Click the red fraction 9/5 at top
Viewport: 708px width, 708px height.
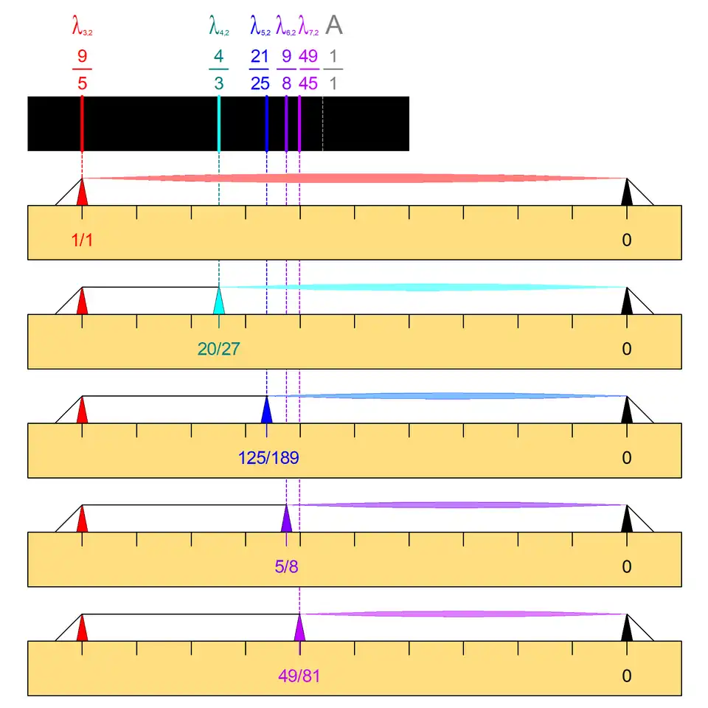[82, 70]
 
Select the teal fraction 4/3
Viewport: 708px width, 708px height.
[219, 70]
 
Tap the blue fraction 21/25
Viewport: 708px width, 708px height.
[260, 70]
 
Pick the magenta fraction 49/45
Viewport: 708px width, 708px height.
[308, 70]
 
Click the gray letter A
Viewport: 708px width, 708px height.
[334, 27]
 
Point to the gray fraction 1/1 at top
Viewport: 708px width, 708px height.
[333, 70]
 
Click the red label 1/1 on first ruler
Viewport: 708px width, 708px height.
[82, 240]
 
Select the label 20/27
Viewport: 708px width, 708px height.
[218, 349]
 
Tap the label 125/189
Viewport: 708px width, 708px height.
[268, 458]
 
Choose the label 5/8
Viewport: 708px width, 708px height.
[286, 567]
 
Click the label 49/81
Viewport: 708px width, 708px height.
[299, 676]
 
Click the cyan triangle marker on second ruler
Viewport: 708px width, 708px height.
[219, 302]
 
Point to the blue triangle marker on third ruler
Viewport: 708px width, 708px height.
[267, 412]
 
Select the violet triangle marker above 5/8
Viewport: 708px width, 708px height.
[286, 520]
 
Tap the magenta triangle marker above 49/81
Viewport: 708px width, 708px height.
[299, 629]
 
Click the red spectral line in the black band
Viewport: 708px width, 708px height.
[82, 123]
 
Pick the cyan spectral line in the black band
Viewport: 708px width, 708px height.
[219, 123]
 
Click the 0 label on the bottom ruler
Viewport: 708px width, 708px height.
[627, 676]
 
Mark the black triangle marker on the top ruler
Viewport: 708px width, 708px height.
[627, 193]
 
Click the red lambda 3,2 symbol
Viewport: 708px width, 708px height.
[82, 28]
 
